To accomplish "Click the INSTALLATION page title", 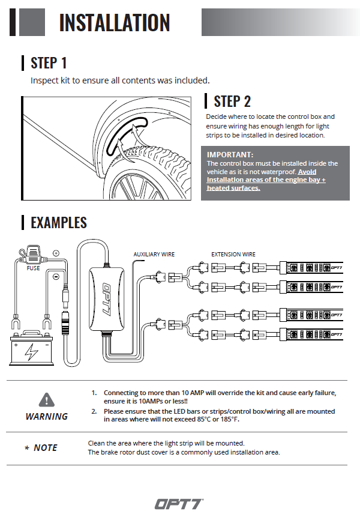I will (114, 22).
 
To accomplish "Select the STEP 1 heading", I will (49, 63).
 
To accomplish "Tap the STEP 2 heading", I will (232, 101).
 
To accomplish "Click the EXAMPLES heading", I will (59, 223).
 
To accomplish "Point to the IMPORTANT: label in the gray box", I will (230, 154).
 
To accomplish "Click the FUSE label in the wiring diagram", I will (33, 268).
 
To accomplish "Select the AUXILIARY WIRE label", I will (154, 255).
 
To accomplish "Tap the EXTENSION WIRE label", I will (233, 255).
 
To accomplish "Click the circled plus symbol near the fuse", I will (56, 253).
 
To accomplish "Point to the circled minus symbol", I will (56, 277).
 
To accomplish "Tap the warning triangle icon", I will (46, 399).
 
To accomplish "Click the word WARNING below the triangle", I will (46, 416).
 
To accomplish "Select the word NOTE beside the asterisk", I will (46, 448).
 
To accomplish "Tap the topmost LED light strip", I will (312, 266).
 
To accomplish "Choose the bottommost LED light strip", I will (312, 335).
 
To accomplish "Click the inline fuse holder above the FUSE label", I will (33, 255).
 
